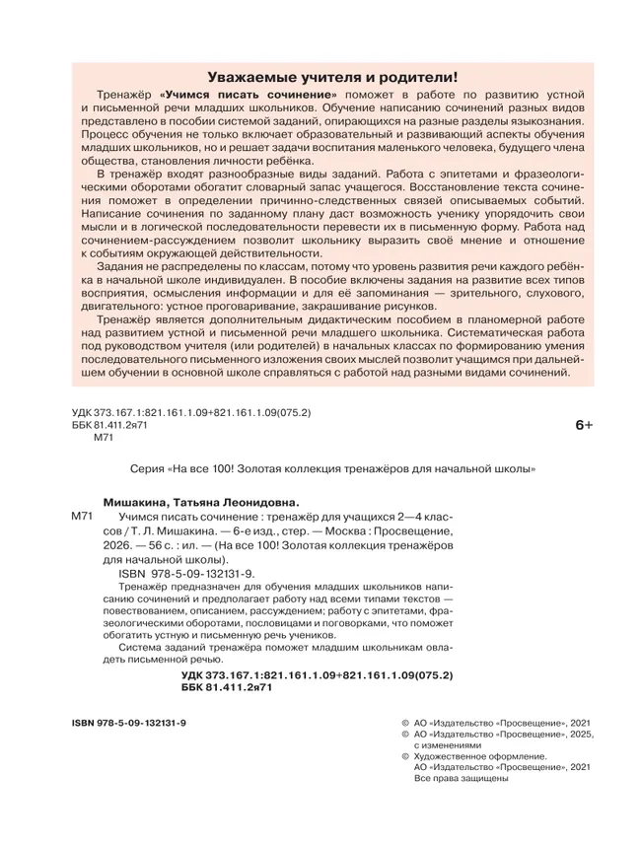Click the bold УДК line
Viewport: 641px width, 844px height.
(317, 675)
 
